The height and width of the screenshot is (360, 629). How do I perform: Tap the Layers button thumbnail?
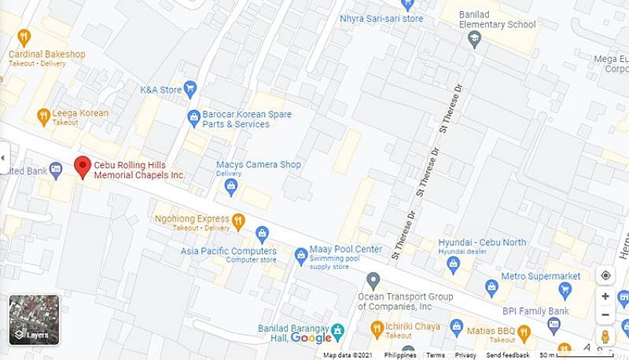[x=34, y=320]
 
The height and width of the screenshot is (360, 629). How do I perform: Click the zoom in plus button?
[x=605, y=296]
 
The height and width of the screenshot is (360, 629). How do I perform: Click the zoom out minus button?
[x=605, y=315]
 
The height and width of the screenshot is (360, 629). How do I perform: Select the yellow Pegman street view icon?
[x=605, y=336]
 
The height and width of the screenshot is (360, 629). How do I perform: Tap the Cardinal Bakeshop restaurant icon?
[x=24, y=37]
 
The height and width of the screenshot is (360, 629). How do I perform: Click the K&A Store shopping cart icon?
[x=189, y=89]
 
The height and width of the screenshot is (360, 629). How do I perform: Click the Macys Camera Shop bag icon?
[x=231, y=186]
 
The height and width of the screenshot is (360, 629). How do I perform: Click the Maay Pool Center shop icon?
[x=300, y=255]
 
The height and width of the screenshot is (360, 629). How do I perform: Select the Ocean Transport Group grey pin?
[x=373, y=280]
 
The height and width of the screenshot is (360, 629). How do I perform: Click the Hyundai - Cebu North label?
[x=482, y=243]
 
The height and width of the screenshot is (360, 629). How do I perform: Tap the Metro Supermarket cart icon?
[x=491, y=285]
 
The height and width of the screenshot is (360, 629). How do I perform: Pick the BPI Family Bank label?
[x=536, y=311]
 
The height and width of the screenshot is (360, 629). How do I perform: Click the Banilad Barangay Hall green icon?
[x=338, y=329]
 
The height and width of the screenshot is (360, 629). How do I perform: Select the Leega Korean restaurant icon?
[x=43, y=116]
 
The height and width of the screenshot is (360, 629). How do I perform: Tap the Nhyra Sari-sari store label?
[x=381, y=18]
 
